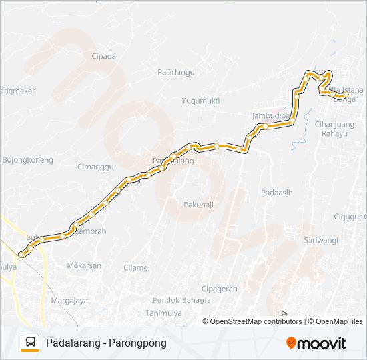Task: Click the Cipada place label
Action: tap(104, 57)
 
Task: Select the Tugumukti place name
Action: tap(200, 101)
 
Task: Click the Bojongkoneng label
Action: tap(27, 161)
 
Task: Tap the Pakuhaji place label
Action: tap(198, 205)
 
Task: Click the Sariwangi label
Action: tap(321, 240)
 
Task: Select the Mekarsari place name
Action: tap(84, 265)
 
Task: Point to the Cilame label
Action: tap(135, 267)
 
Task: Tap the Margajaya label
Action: tap(69, 300)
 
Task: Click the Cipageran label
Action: tap(220, 289)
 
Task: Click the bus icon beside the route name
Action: tap(30, 343)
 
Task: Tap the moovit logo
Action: tap(316, 343)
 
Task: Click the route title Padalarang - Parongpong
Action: tap(106, 343)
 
